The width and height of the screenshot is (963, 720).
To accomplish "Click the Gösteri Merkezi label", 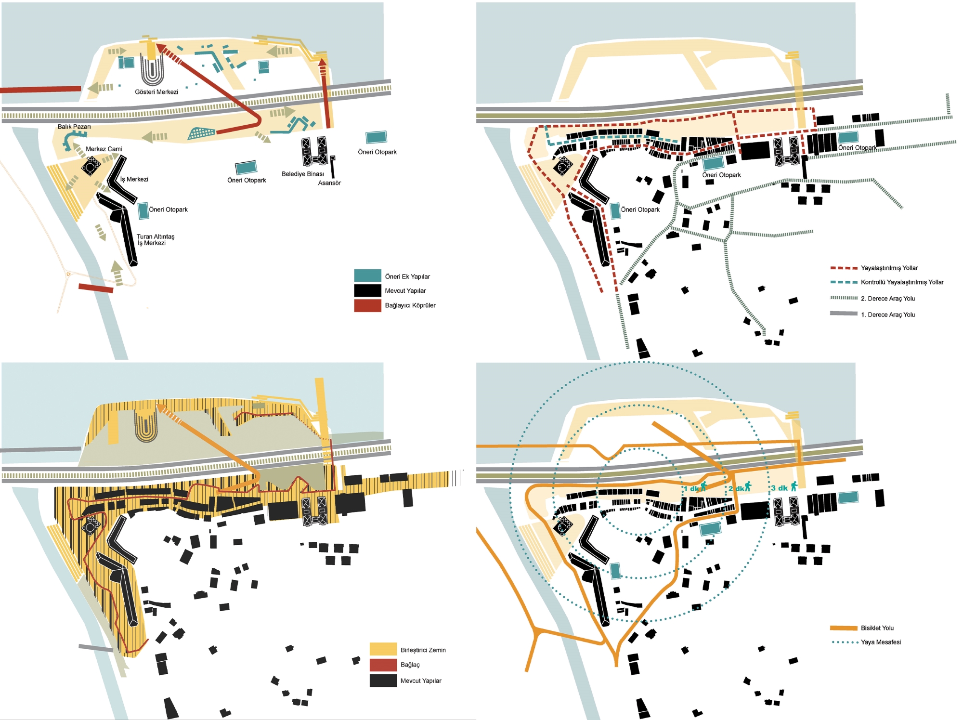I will coord(156,92).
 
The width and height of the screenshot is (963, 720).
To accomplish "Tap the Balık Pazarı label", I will coord(74,127).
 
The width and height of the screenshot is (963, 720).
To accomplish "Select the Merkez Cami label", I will coord(104,149).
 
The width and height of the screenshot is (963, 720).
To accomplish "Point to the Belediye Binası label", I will coord(303,174).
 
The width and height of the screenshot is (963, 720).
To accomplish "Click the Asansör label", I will coord(329,183).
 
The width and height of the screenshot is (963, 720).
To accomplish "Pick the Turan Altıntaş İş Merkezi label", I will coord(155,240).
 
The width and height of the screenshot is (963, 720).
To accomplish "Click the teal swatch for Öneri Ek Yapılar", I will coord(367,276).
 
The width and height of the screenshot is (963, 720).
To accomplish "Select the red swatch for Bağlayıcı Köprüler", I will coord(367,305).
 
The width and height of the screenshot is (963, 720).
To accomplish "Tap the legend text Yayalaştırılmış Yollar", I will coord(889,268).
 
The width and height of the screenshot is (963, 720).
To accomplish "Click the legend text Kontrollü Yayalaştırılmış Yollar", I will coord(902,282).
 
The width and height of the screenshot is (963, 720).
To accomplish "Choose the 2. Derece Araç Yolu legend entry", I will coord(887,299).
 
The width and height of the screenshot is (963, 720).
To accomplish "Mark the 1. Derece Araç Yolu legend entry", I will coord(887,314).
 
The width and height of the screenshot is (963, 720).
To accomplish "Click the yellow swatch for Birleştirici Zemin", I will coord(383,649).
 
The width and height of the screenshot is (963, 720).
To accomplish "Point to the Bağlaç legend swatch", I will coord(383,665).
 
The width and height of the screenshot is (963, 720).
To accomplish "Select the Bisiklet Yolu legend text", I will coord(877,628).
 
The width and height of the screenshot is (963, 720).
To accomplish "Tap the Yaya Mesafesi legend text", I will coord(881,642).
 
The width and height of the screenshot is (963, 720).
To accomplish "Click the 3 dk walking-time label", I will coord(779,488).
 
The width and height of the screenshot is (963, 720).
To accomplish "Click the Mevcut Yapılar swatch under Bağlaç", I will coord(383,681).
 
